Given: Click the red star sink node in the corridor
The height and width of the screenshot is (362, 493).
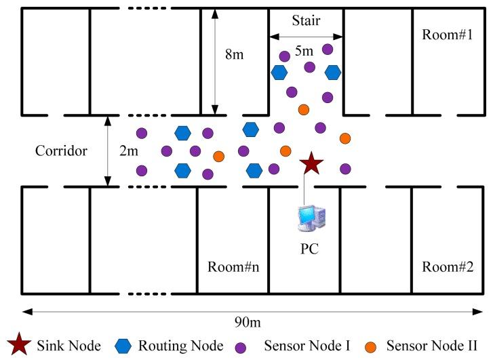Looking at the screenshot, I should pos(311,163).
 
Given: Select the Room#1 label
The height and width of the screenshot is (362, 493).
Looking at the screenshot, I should pos(447,34).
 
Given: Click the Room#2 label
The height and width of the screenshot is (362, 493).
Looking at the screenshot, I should pos(447,266).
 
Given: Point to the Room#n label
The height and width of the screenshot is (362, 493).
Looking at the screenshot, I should pos(233,266).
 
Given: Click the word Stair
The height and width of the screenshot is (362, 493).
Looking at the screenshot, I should pos(306,21).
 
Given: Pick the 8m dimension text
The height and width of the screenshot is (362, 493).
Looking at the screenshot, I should pos(234,54).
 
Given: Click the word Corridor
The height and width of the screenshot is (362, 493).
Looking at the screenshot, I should pos(61,150).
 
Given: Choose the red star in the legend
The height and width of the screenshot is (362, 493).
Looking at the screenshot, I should pos(19,346).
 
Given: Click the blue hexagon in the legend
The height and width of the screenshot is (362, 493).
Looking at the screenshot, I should pos(123,346).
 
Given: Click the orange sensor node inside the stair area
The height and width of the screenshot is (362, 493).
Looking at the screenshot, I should pos(304,109).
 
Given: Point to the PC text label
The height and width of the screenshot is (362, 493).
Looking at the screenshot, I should pos(310,248).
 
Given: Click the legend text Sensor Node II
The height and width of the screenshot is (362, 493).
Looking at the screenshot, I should pos(431,346).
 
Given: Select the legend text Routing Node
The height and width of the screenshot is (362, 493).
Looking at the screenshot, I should pos(180,346).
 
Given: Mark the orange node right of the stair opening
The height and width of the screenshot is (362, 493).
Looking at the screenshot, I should pos(345,138).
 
